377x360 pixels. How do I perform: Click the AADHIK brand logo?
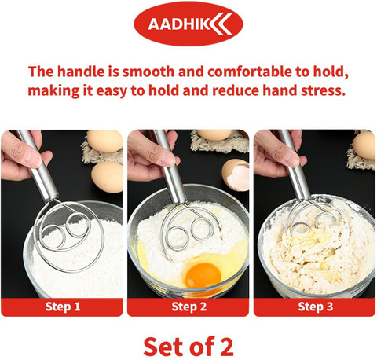(188, 24)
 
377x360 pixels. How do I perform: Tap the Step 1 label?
(63, 307)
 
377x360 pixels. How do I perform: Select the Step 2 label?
(189, 307)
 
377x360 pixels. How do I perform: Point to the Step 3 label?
(316, 307)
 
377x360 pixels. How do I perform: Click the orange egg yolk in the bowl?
(203, 275)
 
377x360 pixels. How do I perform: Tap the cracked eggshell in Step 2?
(236, 174)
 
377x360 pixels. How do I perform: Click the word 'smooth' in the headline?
(148, 72)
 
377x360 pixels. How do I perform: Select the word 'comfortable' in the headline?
(250, 72)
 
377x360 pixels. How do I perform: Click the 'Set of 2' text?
(188, 347)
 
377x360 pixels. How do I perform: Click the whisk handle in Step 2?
(170, 167)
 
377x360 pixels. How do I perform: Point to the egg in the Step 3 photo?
(364, 145)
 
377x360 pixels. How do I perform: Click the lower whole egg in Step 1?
(107, 177)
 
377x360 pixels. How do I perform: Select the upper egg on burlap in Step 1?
(104, 141)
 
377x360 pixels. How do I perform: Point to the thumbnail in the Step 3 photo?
(291, 159)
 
